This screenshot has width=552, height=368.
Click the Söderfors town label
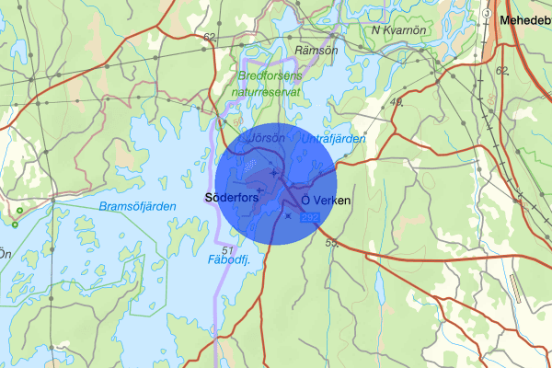coord(231,198)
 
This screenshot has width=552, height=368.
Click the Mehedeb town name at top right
coord(524,19)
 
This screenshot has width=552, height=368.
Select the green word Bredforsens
coord(270,76)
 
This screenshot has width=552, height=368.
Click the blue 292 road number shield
coord(310,216)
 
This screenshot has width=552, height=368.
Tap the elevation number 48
coord(397,101)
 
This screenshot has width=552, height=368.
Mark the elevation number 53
coord(332,243)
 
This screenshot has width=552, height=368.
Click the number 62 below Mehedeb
coord(501,71)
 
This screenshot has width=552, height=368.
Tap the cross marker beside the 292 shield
coord(288,216)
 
